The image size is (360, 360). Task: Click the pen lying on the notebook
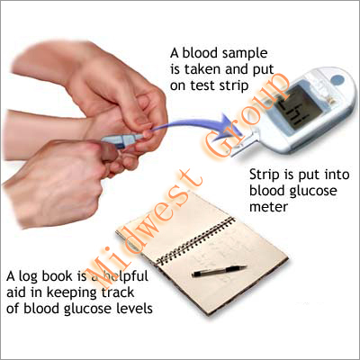tap(219, 269)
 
